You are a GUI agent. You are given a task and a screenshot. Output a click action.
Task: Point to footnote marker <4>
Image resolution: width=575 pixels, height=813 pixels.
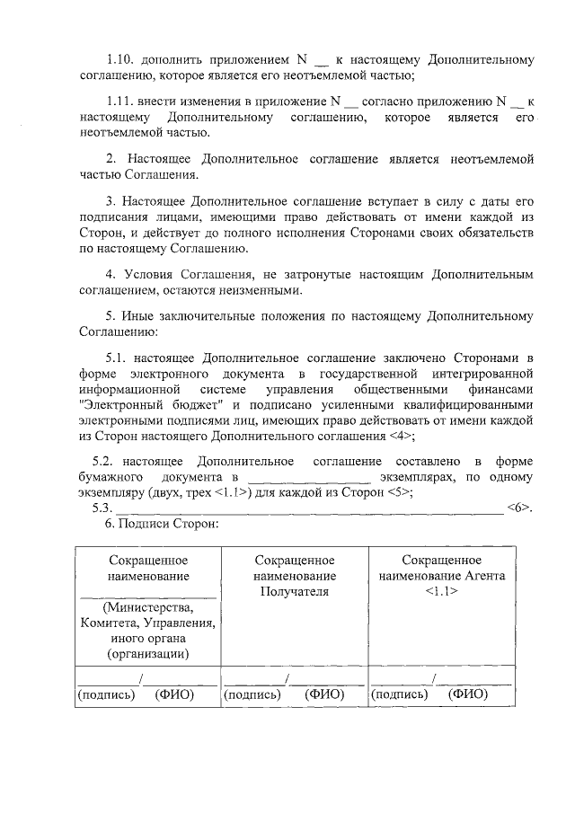pyautogui.click(x=401, y=437)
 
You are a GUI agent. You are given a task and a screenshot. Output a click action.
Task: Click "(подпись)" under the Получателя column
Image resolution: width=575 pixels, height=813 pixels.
pyautogui.click(x=252, y=694)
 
